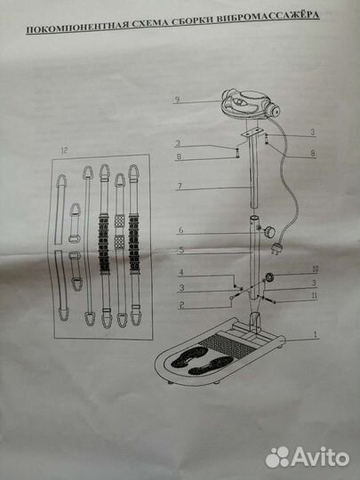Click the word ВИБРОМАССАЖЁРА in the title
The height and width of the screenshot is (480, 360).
click(268, 17)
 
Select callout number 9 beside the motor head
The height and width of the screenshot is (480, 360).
click(177, 100)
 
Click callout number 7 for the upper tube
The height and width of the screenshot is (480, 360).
click(180, 186)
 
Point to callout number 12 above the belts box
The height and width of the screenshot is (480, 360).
click(64, 150)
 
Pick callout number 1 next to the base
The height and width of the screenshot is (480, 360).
click(316, 334)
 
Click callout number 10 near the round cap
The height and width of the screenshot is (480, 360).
click(315, 268)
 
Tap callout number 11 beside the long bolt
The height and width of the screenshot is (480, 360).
click(315, 295)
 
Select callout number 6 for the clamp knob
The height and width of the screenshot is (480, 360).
click(181, 230)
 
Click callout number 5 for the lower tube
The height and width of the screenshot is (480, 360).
click(181, 250)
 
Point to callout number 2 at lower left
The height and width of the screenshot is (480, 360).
click(182, 304)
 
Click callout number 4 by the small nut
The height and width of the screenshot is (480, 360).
click(181, 272)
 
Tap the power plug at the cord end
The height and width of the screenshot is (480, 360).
click(276, 247)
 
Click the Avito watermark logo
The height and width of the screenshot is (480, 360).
click(308, 457)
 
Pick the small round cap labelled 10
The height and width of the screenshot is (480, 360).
click(269, 277)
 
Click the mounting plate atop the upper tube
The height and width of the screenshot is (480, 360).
click(252, 132)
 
